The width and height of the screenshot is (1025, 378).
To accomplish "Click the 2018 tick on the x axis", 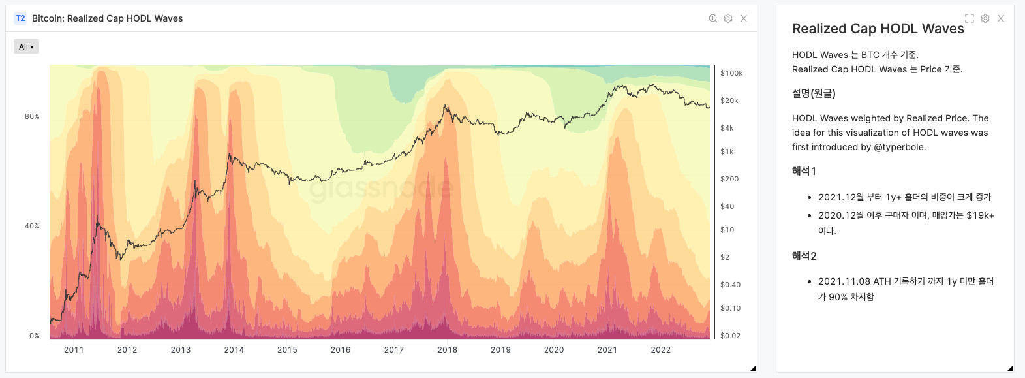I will coord(447,350).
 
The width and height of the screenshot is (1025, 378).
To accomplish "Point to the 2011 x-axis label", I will coord(74,350).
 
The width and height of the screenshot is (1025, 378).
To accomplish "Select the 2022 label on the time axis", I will coord(660,350).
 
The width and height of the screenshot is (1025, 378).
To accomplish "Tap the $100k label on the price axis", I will coord(731,73).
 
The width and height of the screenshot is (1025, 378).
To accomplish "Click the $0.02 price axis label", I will coord(730,336).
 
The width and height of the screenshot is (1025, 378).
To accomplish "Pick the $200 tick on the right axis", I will coord(729,179).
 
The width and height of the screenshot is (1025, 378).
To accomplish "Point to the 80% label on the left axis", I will coord(32,116).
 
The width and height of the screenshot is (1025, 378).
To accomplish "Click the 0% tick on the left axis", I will coord(35,336).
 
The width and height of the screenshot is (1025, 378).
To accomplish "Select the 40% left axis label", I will coord(32,226).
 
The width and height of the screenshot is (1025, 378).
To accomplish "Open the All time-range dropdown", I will coord(26,46).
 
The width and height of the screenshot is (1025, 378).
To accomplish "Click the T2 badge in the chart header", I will coord(20,18).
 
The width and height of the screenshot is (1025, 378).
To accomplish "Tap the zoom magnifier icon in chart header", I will coord(713,18).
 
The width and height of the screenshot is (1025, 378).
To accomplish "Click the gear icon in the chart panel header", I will coord(728,18).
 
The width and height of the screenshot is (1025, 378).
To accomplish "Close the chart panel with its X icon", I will coord(744,18).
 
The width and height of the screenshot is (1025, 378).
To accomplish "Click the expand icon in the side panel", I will coord(970,18).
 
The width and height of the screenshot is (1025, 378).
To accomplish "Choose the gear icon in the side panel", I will coord(985,18).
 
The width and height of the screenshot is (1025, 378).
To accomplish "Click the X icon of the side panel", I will coord(1001,18).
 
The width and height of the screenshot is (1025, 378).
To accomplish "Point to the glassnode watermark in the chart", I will coord(381,189).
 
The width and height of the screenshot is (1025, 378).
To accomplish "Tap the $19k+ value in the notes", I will coord(980,215).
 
